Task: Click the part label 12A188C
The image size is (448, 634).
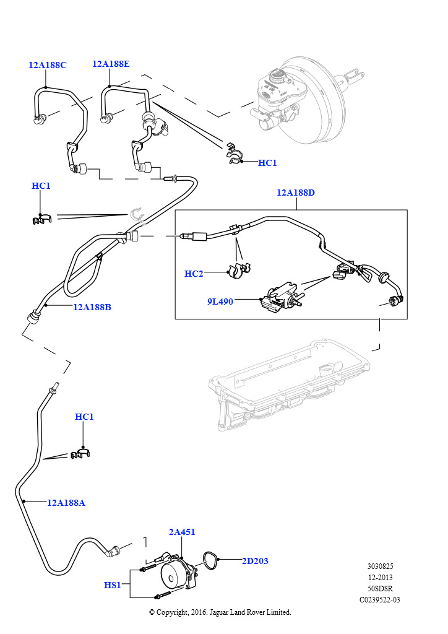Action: pos(47,64)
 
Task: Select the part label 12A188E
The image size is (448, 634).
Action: pos(111,63)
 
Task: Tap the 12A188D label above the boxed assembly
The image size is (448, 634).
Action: pos(296,193)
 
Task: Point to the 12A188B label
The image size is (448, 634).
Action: pos(92,306)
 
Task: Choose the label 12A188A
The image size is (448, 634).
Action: pos(66,503)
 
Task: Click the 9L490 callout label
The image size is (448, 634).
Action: pos(220,302)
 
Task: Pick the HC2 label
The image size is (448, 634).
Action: pos(194,274)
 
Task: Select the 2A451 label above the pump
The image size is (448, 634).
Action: pos(182,532)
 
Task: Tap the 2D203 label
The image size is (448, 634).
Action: pos(255,561)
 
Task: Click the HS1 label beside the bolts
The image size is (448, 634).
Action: pos(113,584)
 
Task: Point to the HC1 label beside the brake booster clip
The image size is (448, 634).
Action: pos(267,163)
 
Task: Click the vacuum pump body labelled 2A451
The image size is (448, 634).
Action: pos(175,573)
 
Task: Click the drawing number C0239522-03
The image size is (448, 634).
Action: pos(380,599)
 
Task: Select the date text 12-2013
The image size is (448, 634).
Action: pos(380,577)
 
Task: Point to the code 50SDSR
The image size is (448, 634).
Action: pos(380,588)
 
